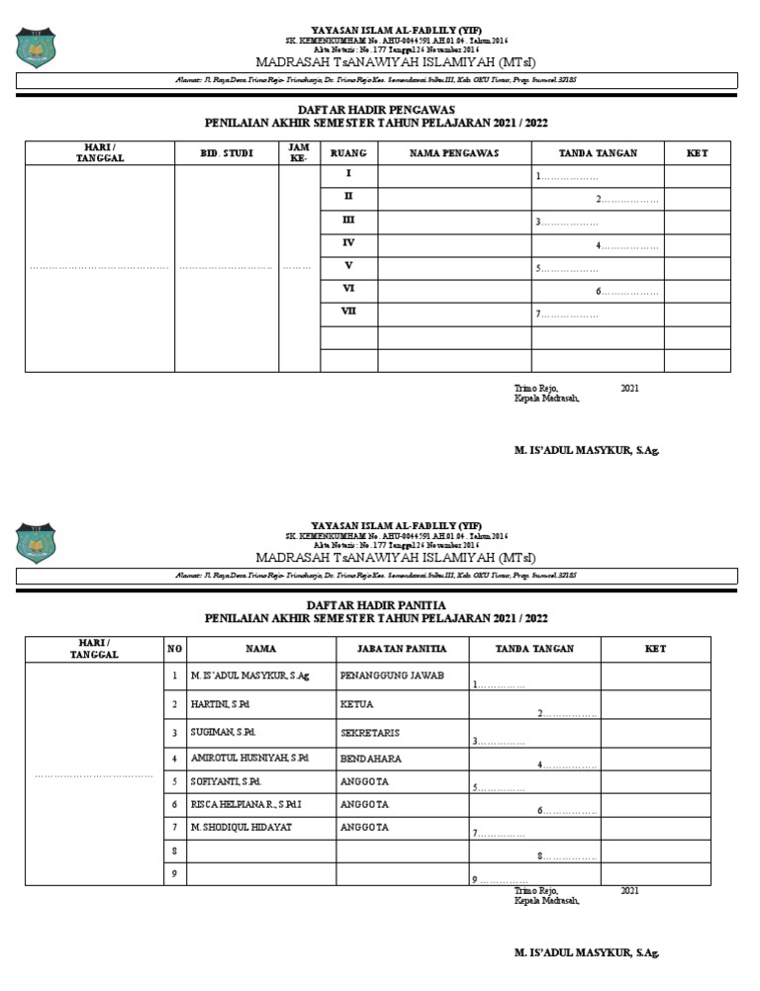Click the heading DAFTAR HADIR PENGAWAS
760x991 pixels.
376,109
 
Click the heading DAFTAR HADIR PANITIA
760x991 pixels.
376,604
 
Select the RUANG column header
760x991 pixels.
348,153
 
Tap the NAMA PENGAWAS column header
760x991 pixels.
454,153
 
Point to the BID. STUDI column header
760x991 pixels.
227,153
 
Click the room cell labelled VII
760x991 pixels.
348,312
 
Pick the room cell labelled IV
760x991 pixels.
348,242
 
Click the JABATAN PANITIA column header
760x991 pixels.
394,650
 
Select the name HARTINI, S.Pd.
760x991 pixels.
220,705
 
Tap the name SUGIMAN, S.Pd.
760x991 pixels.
223,734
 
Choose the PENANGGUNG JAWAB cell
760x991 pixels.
392,676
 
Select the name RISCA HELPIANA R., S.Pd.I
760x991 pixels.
244,805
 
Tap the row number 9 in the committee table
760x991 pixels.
174,873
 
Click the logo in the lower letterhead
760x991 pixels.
37,541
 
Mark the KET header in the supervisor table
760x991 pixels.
697,153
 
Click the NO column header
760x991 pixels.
174,650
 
